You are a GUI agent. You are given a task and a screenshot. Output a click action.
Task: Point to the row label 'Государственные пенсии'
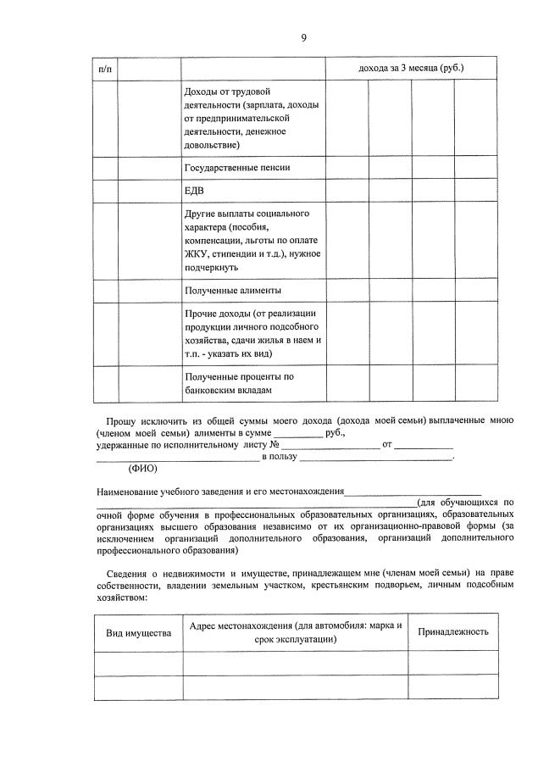[236, 168]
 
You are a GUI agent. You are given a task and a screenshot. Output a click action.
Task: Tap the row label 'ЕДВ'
[194, 191]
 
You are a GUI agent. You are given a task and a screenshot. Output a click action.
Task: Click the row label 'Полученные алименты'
[232, 291]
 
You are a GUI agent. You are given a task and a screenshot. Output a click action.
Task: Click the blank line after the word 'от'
[424, 446]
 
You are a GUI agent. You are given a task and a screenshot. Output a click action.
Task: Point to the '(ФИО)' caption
[142, 469]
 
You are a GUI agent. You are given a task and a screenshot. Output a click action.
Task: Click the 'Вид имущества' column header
[138, 633]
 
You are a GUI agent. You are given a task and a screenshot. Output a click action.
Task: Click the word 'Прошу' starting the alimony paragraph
[119, 420]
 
